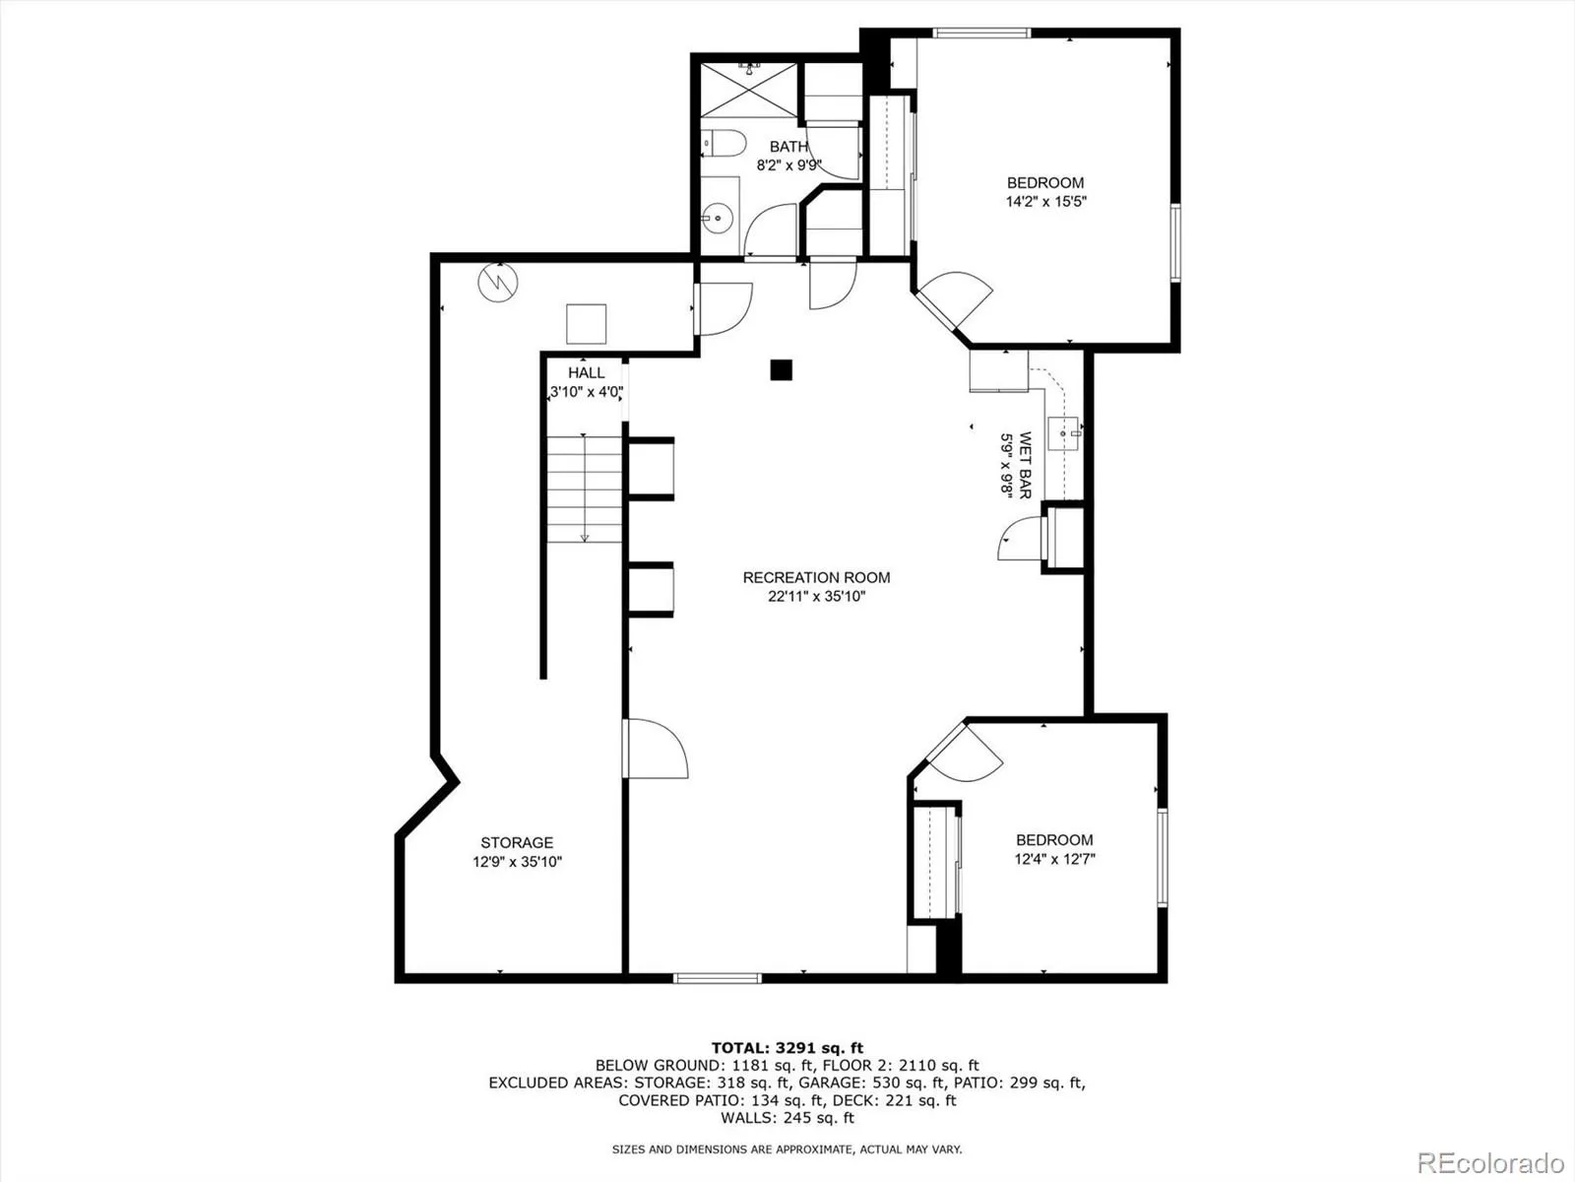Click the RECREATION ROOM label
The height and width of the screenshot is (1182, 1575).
click(x=816, y=578)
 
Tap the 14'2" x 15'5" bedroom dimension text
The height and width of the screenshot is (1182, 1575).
click(x=1045, y=201)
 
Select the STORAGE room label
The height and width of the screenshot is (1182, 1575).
click(x=517, y=842)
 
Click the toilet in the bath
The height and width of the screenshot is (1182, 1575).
click(x=721, y=144)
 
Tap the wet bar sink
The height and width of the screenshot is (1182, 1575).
click(x=1064, y=431)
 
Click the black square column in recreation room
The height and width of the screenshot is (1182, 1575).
click(x=781, y=369)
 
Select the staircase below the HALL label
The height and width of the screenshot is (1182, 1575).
click(x=585, y=488)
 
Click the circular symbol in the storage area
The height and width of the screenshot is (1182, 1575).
click(x=497, y=283)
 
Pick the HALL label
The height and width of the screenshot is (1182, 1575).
click(x=587, y=373)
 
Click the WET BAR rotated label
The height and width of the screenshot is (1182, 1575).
click(x=1025, y=465)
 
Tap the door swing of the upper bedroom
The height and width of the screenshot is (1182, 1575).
click(x=960, y=300)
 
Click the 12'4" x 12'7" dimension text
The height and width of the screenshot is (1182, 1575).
click(x=1055, y=859)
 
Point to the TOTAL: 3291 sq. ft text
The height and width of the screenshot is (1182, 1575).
click(x=787, y=1048)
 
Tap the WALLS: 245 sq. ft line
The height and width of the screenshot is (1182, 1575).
click(x=787, y=1118)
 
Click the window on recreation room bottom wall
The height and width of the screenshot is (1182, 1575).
click(x=717, y=978)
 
